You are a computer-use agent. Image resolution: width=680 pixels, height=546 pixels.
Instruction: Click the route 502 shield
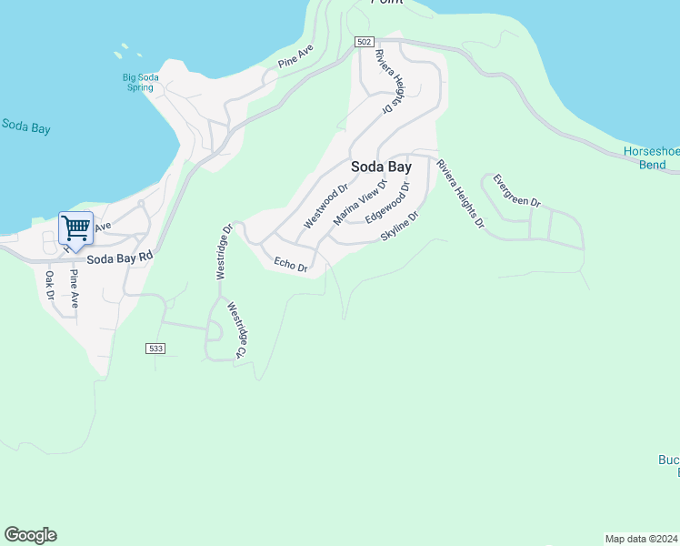(364, 43)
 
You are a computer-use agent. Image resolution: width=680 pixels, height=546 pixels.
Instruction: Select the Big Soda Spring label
(141, 83)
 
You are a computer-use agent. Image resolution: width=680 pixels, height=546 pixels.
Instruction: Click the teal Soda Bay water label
(25, 127)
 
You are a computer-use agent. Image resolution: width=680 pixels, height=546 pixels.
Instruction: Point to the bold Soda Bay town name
(382, 167)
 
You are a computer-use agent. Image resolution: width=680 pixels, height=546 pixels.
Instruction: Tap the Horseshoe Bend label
(651, 157)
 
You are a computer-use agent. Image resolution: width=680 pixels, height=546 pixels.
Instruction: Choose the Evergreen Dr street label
(517, 189)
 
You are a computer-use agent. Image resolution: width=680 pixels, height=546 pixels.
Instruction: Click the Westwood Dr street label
(326, 207)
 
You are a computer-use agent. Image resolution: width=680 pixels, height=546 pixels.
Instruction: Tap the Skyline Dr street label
(400, 226)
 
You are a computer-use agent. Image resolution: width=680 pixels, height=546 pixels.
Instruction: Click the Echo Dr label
(292, 265)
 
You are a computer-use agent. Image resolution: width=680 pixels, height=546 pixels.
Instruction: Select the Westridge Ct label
(236, 329)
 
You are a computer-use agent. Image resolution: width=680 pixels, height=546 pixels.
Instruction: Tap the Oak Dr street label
(50, 285)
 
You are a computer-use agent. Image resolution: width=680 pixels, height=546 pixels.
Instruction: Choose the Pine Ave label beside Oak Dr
(74, 288)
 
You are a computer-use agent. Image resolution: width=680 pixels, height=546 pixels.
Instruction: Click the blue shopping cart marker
(76, 228)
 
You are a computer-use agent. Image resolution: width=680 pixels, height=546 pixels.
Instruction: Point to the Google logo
(30, 535)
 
